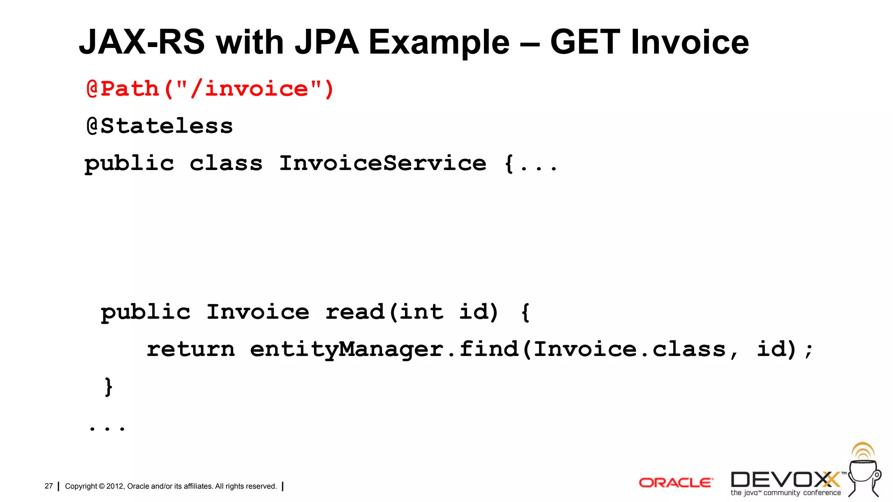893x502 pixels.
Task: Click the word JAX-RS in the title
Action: (142, 42)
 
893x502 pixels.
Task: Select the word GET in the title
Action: (585, 42)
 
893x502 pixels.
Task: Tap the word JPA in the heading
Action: (327, 42)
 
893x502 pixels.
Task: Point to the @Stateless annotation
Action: (160, 126)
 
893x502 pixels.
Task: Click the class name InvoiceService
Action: (382, 163)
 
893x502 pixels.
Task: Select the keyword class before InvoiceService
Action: (226, 163)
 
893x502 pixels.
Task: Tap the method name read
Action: (354, 312)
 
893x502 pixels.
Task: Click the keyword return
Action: (191, 349)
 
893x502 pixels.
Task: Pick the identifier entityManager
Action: (347, 349)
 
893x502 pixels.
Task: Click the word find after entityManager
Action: (489, 349)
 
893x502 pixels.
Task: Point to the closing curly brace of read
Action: (109, 387)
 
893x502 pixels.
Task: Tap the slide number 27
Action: (48, 486)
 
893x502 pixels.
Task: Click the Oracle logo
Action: (675, 483)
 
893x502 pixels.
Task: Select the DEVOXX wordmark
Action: (785, 479)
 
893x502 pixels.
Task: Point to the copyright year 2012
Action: (115, 486)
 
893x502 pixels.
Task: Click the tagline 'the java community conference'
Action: (785, 493)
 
